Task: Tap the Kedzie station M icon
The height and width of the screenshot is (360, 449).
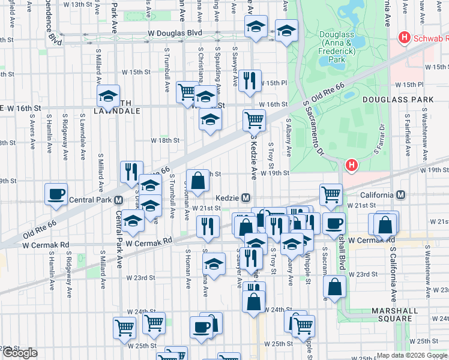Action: (x=246, y=197)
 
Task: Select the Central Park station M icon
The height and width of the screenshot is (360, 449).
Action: (x=119, y=200)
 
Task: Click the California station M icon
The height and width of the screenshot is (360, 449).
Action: (x=400, y=195)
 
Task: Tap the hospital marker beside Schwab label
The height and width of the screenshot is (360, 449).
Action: (x=405, y=38)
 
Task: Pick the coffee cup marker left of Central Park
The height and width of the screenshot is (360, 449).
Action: (x=56, y=194)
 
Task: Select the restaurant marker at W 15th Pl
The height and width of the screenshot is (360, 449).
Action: (x=250, y=80)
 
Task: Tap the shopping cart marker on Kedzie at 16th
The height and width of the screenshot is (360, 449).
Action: (x=255, y=120)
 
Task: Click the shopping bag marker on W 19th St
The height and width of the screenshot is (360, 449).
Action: (x=197, y=179)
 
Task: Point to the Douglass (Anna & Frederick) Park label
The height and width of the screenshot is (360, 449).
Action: (x=340, y=47)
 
